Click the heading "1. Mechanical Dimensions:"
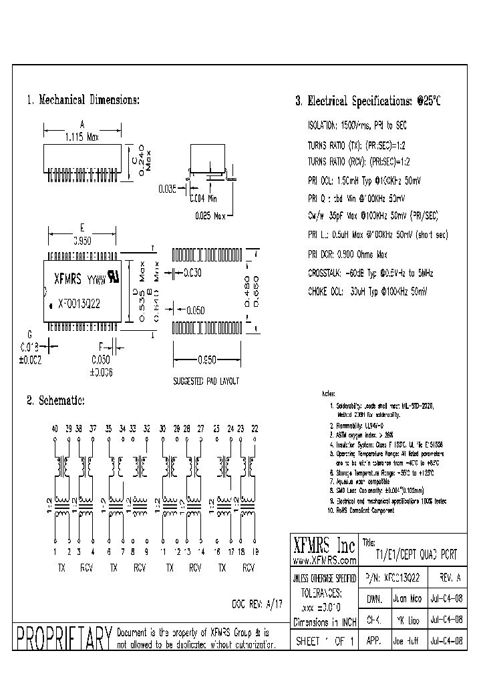pos(83,100)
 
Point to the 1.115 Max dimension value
pos(82,137)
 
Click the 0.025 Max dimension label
pos(212,215)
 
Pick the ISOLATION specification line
pos(357,125)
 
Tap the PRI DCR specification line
pos(347,254)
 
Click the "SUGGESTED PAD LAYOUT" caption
pos(206,381)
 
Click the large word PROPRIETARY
pos(63,638)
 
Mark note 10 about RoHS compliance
pos(361,510)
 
